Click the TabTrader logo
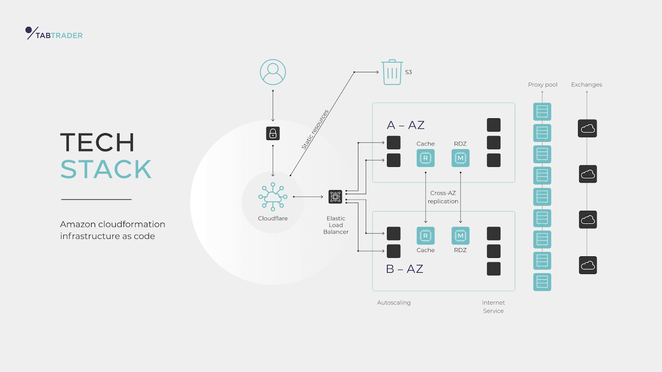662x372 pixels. (54, 33)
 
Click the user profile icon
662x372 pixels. (273, 72)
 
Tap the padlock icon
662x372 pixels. (273, 134)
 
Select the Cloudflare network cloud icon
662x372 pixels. (273, 197)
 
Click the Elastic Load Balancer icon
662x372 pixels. (335, 197)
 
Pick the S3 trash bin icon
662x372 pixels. (392, 72)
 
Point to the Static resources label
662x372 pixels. (315, 129)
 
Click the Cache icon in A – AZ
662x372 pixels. (425, 158)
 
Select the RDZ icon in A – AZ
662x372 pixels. (460, 158)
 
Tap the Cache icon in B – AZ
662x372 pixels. (425, 236)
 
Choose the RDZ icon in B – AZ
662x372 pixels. (460, 236)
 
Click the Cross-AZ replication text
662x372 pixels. (443, 197)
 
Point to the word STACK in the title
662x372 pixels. (106, 169)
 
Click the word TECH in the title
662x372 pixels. (97, 143)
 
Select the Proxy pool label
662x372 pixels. (542, 85)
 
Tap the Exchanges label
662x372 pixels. (586, 85)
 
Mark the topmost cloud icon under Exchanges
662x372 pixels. (588, 129)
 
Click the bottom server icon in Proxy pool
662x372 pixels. (542, 282)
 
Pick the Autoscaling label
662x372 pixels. (394, 303)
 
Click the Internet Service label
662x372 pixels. (493, 307)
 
